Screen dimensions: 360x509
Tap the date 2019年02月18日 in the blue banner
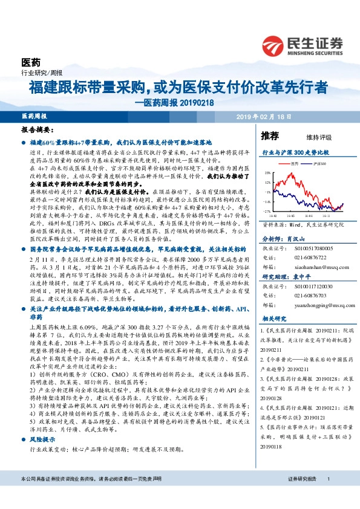tap(264, 116)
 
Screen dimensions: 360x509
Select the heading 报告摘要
tap(38, 129)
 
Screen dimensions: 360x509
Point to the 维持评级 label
tap(310, 138)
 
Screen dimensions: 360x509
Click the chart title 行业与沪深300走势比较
tap(295, 154)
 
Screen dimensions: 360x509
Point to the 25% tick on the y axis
tap(267, 172)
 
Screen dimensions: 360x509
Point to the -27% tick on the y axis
tap(266, 211)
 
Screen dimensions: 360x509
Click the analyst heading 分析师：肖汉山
tap(282, 239)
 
